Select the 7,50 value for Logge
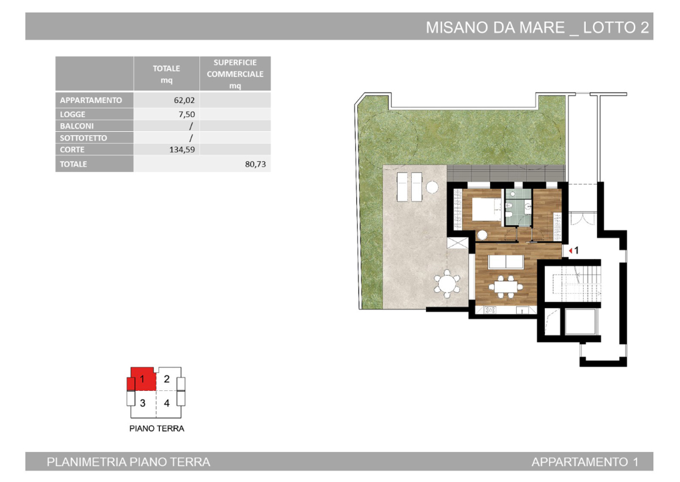click(185, 114)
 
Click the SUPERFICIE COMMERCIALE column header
click(235, 74)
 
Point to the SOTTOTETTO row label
click(84, 138)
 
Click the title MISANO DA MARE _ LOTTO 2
click(538, 27)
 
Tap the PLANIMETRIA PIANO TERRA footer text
click(128, 462)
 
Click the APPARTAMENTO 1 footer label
click(584, 462)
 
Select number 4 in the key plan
click(166, 403)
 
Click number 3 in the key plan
click(142, 403)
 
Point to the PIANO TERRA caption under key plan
click(156, 428)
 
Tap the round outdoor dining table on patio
click(447, 285)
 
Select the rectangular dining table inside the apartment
click(506, 287)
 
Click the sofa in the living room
click(506, 260)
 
